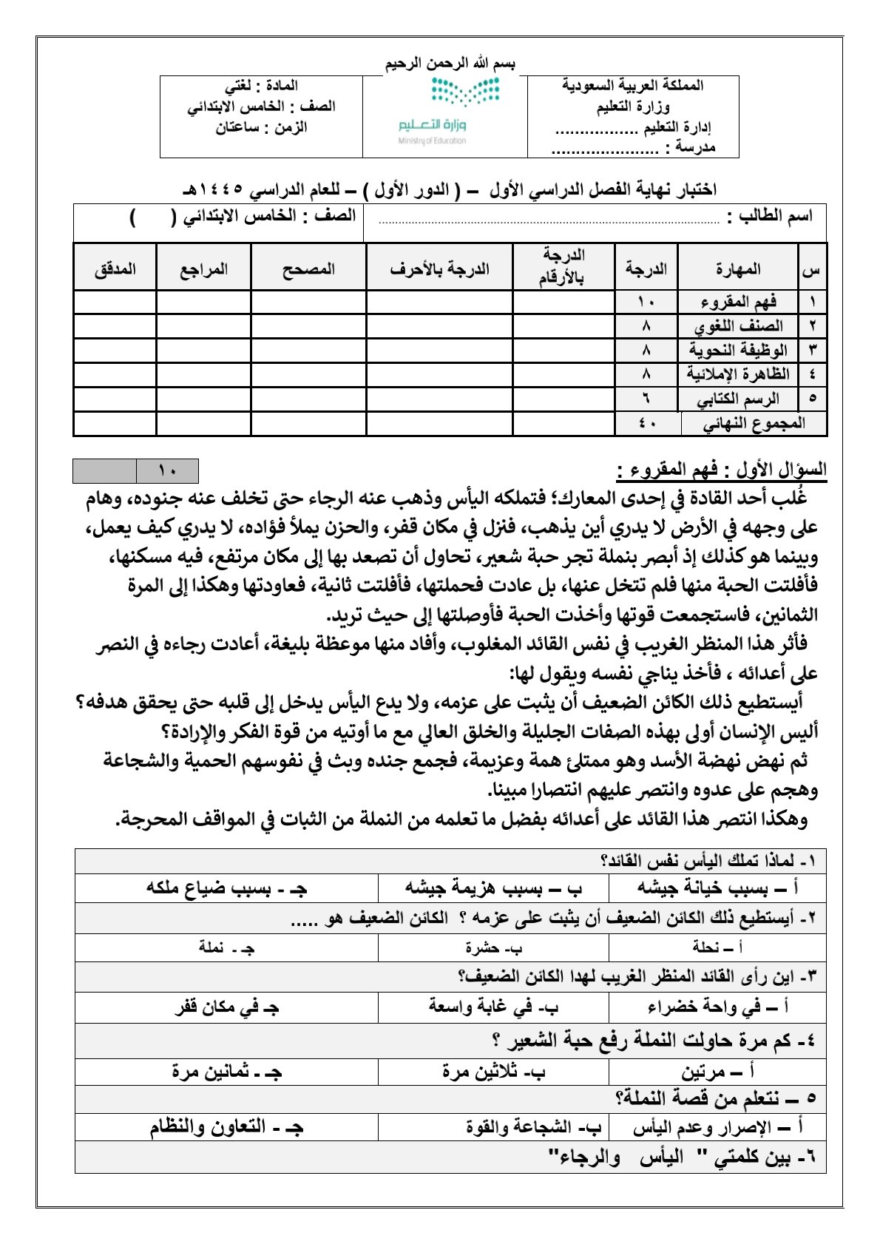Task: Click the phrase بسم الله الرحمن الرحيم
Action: point(450,64)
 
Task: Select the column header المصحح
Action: point(308,269)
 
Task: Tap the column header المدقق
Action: point(115,269)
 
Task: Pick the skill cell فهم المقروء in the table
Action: point(738,302)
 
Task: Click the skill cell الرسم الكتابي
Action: point(738,399)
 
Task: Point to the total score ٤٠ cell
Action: point(647,424)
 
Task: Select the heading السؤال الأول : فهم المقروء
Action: point(721,470)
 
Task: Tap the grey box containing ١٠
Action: point(167,470)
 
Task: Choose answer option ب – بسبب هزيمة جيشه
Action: point(493,888)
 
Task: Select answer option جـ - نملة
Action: point(226,947)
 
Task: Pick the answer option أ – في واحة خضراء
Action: point(717,1007)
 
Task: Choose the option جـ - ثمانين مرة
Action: point(226,1071)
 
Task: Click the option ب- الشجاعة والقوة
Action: point(533,1127)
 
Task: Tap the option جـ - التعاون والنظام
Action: point(226,1127)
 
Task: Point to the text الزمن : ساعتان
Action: point(261,127)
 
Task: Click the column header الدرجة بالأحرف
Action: point(439,269)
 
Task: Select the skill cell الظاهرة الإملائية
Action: point(738,374)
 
